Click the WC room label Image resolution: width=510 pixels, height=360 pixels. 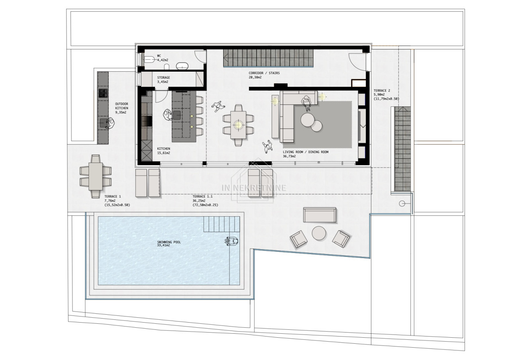159,56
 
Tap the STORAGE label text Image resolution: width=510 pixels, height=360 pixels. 163,78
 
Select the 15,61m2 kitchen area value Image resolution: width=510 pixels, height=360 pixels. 163,153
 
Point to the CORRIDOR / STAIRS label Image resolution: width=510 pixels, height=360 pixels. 264,73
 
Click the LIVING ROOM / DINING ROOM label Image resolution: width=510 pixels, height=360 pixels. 306,152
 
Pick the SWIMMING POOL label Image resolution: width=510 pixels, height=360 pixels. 169,242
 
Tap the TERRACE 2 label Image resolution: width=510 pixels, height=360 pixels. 382,90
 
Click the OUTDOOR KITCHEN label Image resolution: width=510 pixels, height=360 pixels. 122,106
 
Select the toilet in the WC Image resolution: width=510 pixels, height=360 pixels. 149,60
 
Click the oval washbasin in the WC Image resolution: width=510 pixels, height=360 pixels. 182,66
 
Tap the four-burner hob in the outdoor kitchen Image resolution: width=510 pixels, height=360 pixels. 103,93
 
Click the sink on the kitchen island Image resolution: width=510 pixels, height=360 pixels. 177,115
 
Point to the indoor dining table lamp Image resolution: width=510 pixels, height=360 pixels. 238,125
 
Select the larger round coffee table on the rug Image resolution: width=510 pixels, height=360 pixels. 308,120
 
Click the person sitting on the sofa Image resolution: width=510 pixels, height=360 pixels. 306,102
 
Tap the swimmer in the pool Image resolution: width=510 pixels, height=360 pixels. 231,241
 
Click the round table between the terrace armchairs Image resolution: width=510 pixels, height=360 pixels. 319,233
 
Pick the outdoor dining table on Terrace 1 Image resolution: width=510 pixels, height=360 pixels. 96,176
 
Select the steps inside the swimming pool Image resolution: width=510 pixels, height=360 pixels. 222,224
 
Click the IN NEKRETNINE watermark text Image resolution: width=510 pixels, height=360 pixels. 254,188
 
